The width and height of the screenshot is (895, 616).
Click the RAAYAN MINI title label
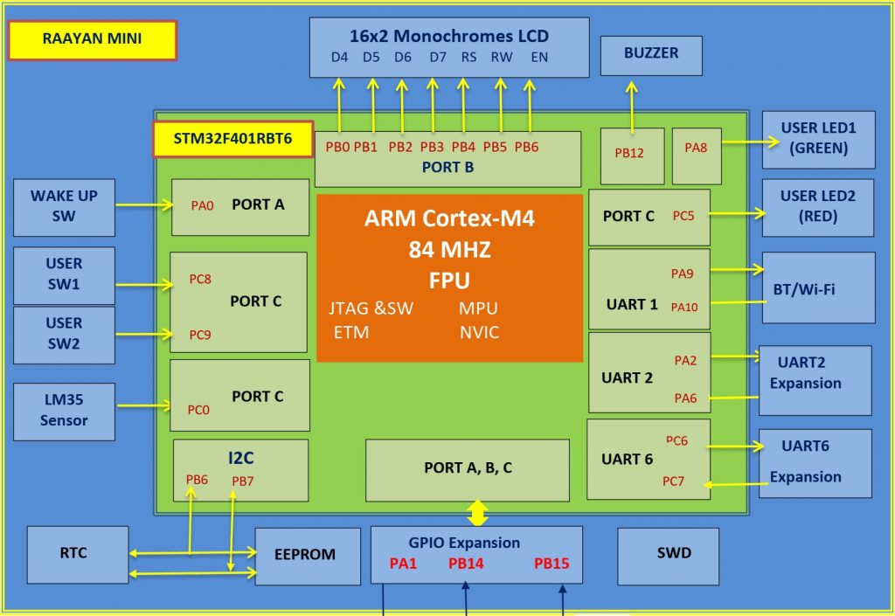point(93,39)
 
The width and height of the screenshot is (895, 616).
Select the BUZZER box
point(651,55)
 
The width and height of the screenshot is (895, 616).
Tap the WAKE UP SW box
point(64,207)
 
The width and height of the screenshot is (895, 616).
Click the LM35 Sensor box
point(64,411)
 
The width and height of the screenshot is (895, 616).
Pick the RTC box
point(77,554)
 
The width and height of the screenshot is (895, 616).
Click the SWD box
point(673,555)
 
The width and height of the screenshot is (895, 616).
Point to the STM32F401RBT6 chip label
point(232,138)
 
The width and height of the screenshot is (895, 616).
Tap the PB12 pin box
point(629,155)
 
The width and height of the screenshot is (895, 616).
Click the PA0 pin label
point(202,206)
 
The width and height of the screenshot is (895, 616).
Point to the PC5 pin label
point(683,215)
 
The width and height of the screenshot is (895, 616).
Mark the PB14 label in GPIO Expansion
point(466,564)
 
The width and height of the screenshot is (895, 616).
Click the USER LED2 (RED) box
point(817,206)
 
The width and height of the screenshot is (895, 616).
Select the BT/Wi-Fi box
point(818,287)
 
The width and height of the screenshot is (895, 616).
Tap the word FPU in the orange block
point(449,280)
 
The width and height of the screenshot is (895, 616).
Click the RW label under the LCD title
point(501,59)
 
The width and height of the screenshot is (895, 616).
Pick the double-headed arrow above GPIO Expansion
point(476,512)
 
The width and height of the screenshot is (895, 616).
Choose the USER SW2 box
point(64,334)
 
